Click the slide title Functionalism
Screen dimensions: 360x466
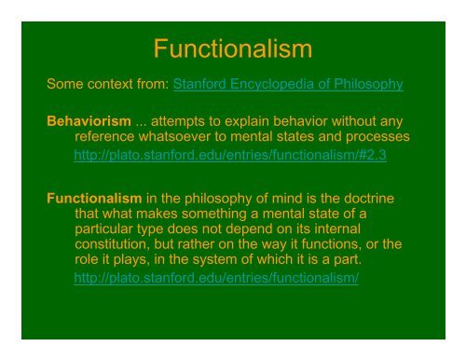233,48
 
